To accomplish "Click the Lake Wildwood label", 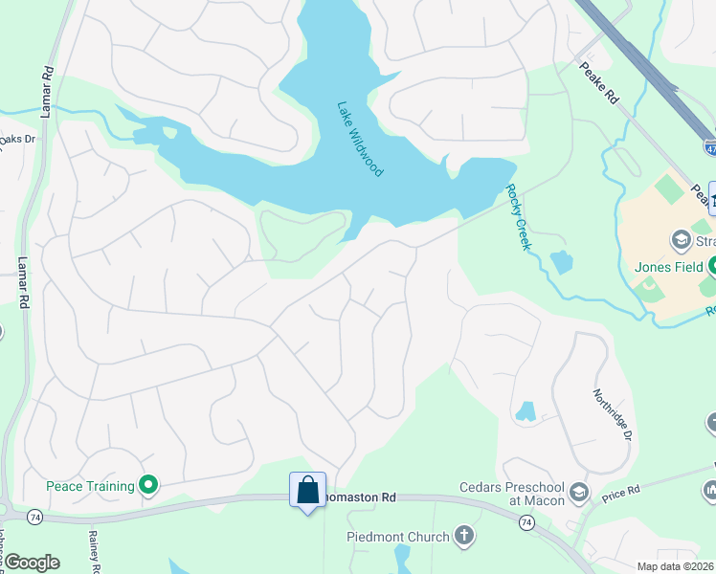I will pyautogui.click(x=360, y=139).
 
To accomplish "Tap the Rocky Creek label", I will pyautogui.click(x=518, y=218).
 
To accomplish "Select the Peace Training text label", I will pyautogui.click(x=91, y=486).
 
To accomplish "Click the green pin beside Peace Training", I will pyautogui.click(x=148, y=486).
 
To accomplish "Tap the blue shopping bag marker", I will pyautogui.click(x=308, y=491).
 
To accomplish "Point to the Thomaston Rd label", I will pyautogui.click(x=362, y=497).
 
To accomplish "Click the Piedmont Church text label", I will pyautogui.click(x=397, y=537).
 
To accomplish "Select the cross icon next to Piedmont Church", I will pyautogui.click(x=464, y=536).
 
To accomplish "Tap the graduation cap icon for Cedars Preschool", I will pyautogui.click(x=578, y=493).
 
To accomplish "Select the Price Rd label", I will pyautogui.click(x=620, y=495).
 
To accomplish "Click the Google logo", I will pyautogui.click(x=31, y=563).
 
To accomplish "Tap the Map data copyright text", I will pyautogui.click(x=676, y=566).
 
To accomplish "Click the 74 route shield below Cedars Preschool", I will pyautogui.click(x=526, y=522).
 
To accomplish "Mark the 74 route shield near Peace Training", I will pyautogui.click(x=34, y=517).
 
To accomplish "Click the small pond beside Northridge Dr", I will pyautogui.click(x=526, y=412).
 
